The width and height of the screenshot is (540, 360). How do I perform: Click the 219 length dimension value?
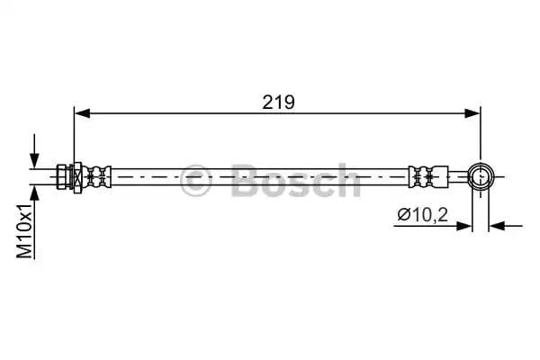click(x=279, y=103)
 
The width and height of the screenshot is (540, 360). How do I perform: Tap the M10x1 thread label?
click(x=26, y=230)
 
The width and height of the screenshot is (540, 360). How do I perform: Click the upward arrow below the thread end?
click(x=35, y=193)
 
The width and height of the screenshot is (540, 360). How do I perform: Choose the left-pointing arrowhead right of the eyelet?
click(x=498, y=226)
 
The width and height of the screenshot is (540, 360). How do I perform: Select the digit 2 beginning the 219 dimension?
click(x=268, y=103)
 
